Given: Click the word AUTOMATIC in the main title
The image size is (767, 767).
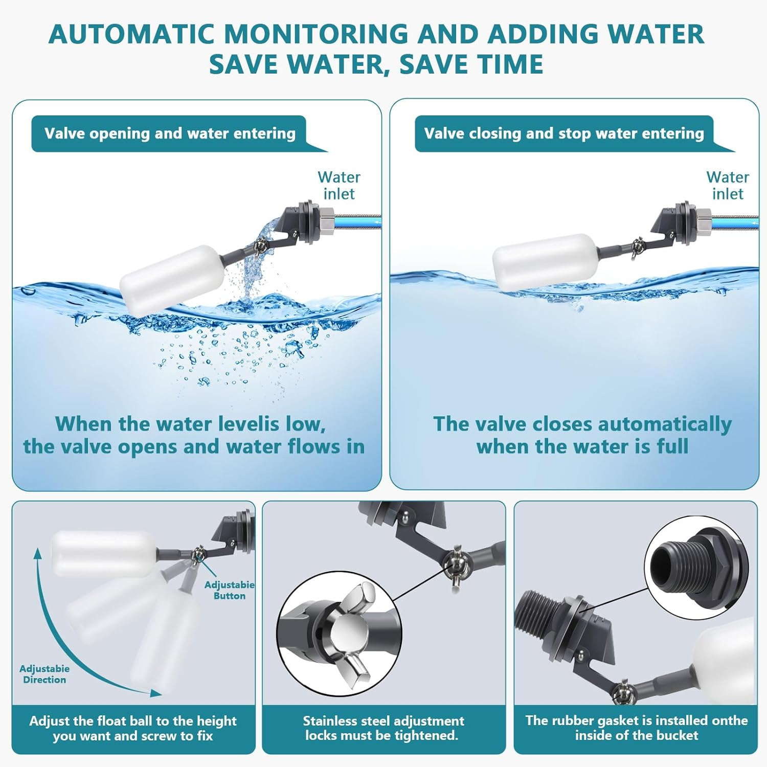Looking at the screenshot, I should tap(131, 35).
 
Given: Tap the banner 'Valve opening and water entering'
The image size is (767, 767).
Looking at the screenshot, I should tap(170, 133).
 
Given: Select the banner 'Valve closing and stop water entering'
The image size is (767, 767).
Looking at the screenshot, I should tap(563, 133).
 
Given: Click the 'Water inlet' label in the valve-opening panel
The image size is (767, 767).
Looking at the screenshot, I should tap(339, 186).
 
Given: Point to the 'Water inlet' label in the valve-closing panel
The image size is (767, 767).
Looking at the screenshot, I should tap(727, 186).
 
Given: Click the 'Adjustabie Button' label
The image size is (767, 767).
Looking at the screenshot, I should tap(229, 590).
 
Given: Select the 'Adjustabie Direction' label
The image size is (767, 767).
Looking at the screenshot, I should tap(44, 674).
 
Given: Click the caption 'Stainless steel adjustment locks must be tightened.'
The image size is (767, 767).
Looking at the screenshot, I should tap(383, 728).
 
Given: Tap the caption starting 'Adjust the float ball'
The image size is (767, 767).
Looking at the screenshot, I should tap(133, 728).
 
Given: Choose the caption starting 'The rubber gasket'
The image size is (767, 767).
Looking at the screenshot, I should tap(636, 728).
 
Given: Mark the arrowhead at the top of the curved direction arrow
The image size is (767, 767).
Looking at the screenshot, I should tap(37, 552).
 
